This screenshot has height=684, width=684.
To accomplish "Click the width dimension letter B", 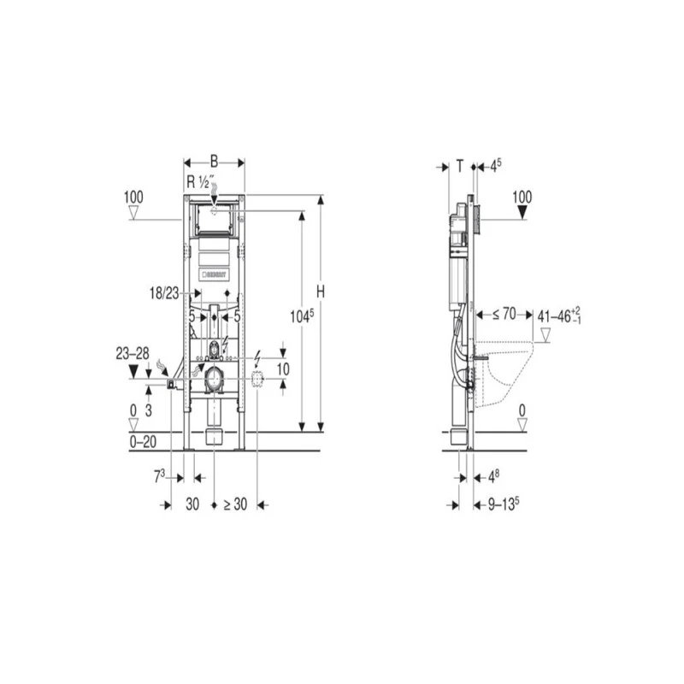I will point(214,160).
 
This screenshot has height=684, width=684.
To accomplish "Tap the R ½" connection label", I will point(203,181).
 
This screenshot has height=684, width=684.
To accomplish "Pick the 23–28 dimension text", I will point(133,351).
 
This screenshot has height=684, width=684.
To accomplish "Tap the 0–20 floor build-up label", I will point(144,441).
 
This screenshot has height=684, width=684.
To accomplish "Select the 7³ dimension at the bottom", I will point(159,475).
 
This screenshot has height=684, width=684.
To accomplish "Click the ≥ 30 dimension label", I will point(235,504).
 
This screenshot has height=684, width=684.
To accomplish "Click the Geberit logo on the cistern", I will point(215,274).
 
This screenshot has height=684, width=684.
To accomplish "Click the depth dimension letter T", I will point(460,166).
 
